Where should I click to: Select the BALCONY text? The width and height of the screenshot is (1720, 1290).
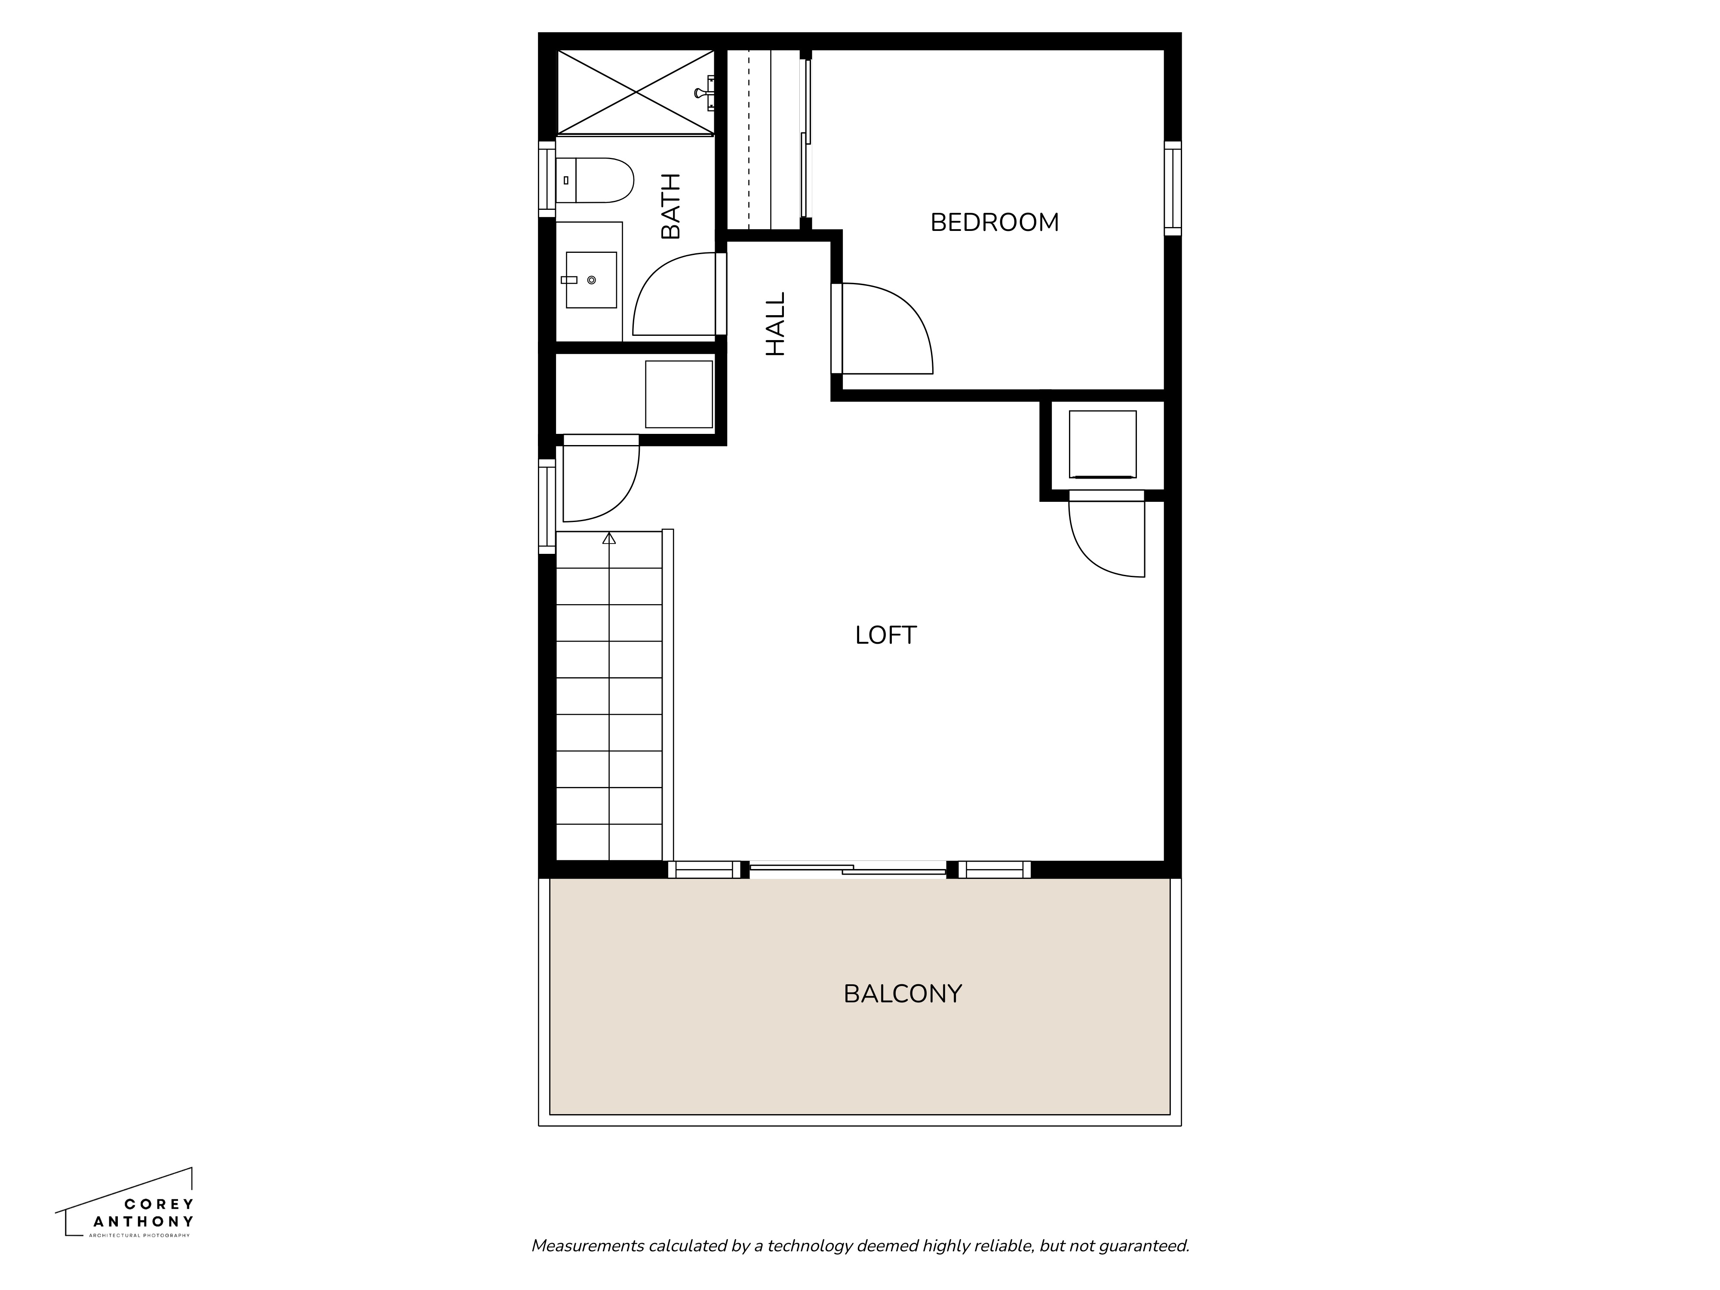point(902,994)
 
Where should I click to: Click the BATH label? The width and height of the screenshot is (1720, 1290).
point(670,206)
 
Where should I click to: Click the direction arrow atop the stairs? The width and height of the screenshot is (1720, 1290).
point(609,538)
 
